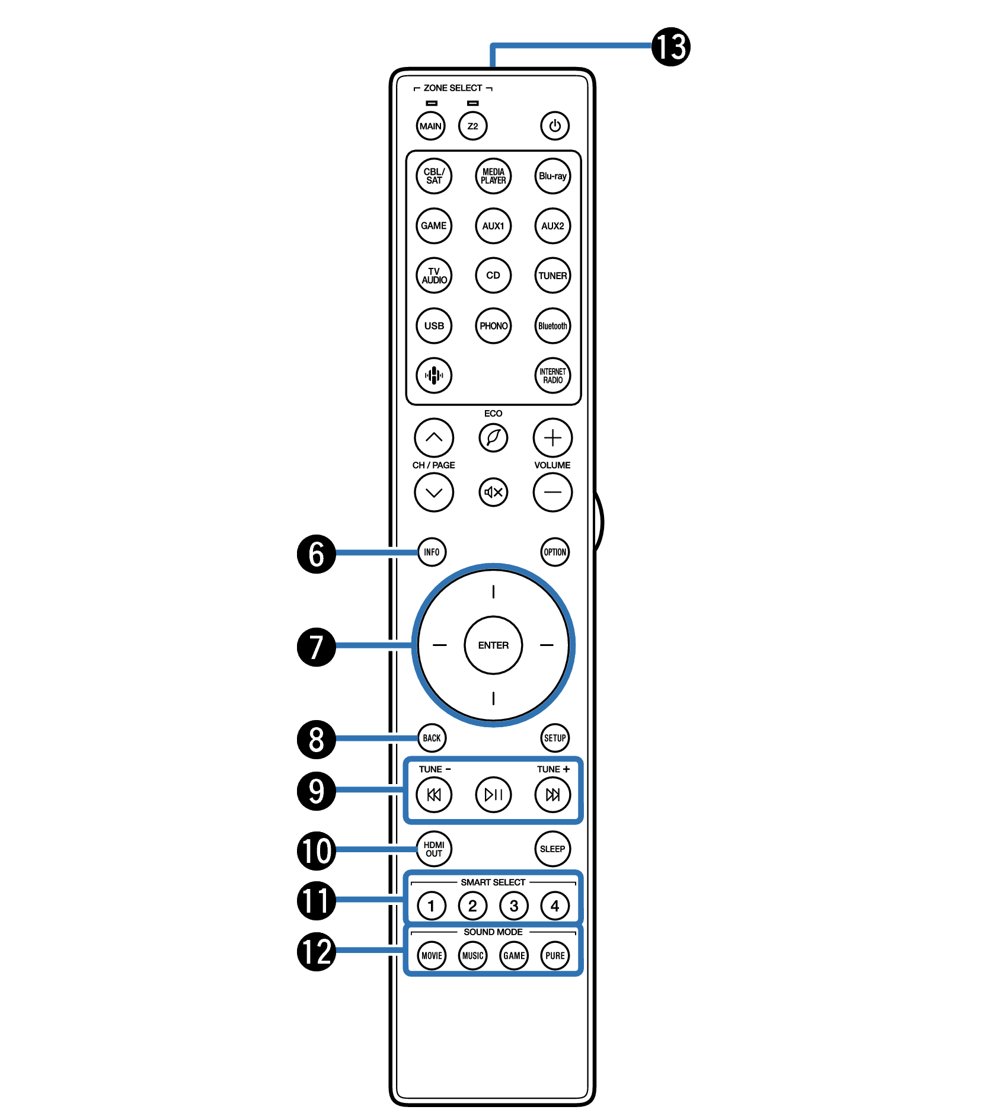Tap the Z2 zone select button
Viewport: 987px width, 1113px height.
click(x=472, y=126)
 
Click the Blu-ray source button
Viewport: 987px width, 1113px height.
click(x=552, y=176)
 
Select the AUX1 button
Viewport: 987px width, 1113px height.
click(x=493, y=226)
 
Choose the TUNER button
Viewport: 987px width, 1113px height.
click(x=552, y=276)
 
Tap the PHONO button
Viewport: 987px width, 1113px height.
click(x=493, y=325)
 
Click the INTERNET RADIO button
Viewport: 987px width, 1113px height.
click(x=552, y=376)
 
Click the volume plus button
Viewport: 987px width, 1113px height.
click(x=552, y=438)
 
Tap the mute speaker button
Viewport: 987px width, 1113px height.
click(x=493, y=492)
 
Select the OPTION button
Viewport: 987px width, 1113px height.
click(x=555, y=552)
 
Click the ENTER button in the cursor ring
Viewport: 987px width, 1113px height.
click(x=493, y=645)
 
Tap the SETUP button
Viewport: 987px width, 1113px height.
click(x=555, y=738)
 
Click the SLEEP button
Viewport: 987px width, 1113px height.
click(x=552, y=849)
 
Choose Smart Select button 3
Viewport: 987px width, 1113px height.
click(x=513, y=906)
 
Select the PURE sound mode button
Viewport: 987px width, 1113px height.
click(x=555, y=955)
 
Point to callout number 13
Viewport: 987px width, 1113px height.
click(x=671, y=47)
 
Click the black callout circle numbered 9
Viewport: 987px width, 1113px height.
click(x=316, y=791)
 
